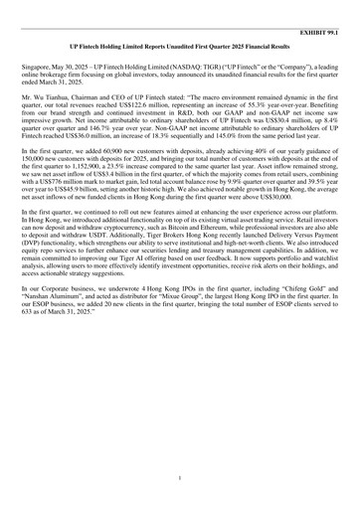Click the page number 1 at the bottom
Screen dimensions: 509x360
tap(180, 477)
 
